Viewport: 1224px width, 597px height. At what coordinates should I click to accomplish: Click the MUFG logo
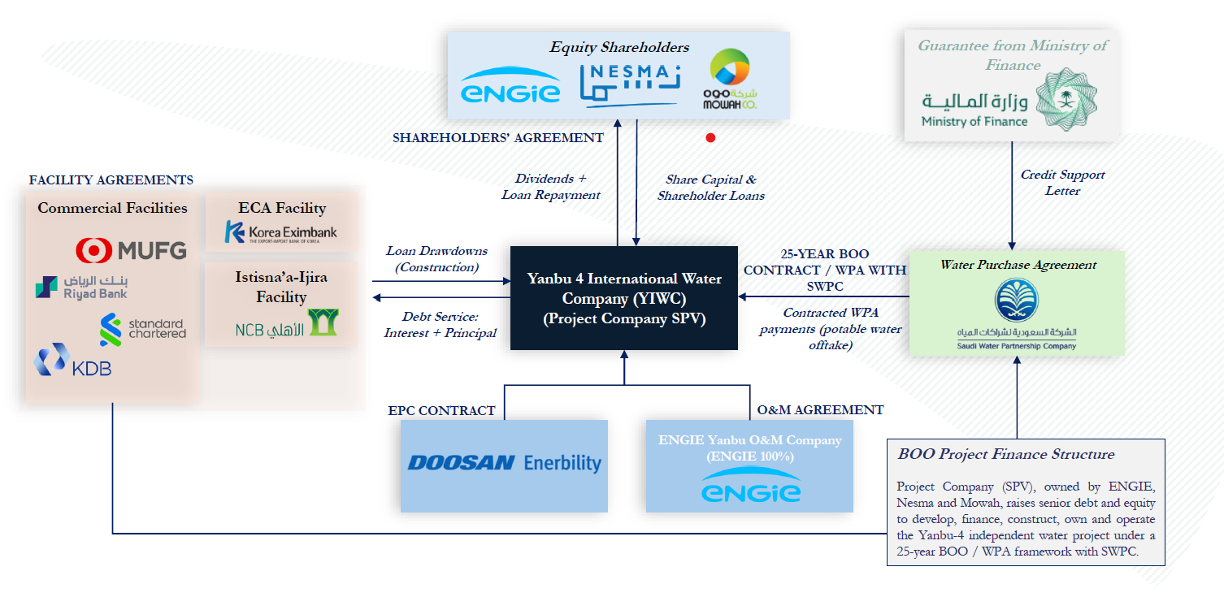pos(131,249)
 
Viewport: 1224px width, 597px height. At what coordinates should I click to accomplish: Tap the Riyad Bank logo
pos(81,288)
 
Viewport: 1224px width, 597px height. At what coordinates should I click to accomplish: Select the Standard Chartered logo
pos(142,329)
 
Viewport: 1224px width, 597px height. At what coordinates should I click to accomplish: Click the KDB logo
pos(73,361)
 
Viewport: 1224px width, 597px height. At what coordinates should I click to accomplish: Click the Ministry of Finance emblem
pos(1069,99)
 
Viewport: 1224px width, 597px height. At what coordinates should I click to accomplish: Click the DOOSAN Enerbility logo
pos(504,463)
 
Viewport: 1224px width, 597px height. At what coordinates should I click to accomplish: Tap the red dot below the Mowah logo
pos(710,138)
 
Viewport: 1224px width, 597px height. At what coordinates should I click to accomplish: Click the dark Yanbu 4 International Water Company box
pos(623,298)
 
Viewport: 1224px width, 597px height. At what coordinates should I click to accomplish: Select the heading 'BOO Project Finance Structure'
pos(1005,454)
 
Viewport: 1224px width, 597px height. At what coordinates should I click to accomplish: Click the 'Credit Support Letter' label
pos(1062,183)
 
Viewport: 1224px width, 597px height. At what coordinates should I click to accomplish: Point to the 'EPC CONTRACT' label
pos(441,411)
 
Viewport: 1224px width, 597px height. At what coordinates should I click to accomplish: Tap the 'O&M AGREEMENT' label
pos(820,410)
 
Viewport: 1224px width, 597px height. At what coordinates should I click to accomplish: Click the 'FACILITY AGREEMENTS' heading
pos(111,180)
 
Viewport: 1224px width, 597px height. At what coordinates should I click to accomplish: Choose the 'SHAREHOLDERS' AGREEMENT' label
pos(497,138)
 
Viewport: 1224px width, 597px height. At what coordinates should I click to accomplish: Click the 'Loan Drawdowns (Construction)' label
pos(437,259)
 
